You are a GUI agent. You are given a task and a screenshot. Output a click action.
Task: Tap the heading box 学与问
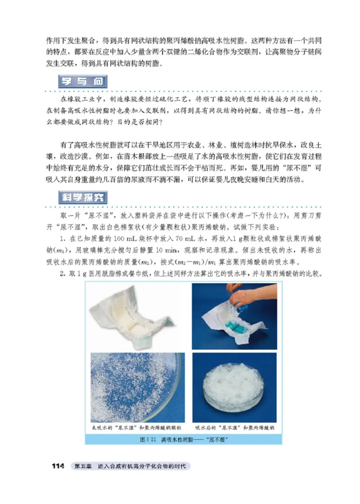coord(83,82)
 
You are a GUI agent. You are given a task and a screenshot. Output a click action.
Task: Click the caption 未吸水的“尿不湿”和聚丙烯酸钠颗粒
coord(133,427)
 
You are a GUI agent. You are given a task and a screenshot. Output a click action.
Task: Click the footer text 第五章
coord(81,466)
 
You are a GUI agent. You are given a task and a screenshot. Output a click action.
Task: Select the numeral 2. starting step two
coord(62,274)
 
